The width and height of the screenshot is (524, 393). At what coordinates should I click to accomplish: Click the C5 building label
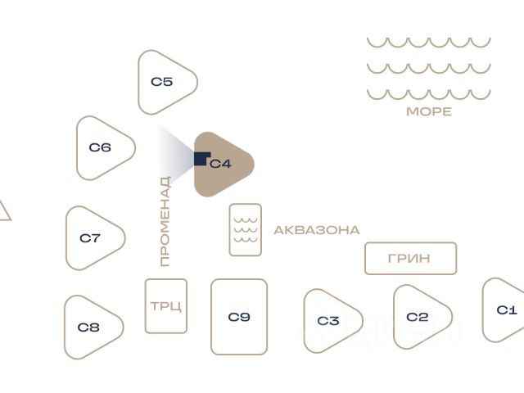(161, 82)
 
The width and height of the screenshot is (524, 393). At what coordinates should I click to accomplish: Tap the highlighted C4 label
(220, 164)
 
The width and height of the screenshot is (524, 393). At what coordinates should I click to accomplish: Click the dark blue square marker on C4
(201, 158)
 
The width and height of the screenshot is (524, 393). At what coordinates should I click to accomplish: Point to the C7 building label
(90, 238)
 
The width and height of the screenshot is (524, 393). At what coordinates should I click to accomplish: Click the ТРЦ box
(165, 306)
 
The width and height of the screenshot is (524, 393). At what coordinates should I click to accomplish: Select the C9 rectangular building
(239, 317)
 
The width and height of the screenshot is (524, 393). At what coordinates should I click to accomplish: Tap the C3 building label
(327, 321)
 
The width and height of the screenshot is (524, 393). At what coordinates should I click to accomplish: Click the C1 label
(507, 310)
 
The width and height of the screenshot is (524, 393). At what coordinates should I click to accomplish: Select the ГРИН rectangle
(409, 259)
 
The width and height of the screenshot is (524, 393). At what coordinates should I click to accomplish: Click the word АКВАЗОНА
(316, 230)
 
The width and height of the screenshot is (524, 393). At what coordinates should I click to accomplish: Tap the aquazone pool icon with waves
(245, 229)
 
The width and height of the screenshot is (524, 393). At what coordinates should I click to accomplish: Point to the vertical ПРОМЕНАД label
(165, 221)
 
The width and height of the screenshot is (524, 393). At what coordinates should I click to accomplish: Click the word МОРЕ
(428, 112)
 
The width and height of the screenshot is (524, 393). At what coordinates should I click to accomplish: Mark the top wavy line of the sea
(428, 42)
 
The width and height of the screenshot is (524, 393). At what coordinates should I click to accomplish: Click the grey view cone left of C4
(174, 156)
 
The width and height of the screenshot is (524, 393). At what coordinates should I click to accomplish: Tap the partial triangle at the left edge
(3, 212)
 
